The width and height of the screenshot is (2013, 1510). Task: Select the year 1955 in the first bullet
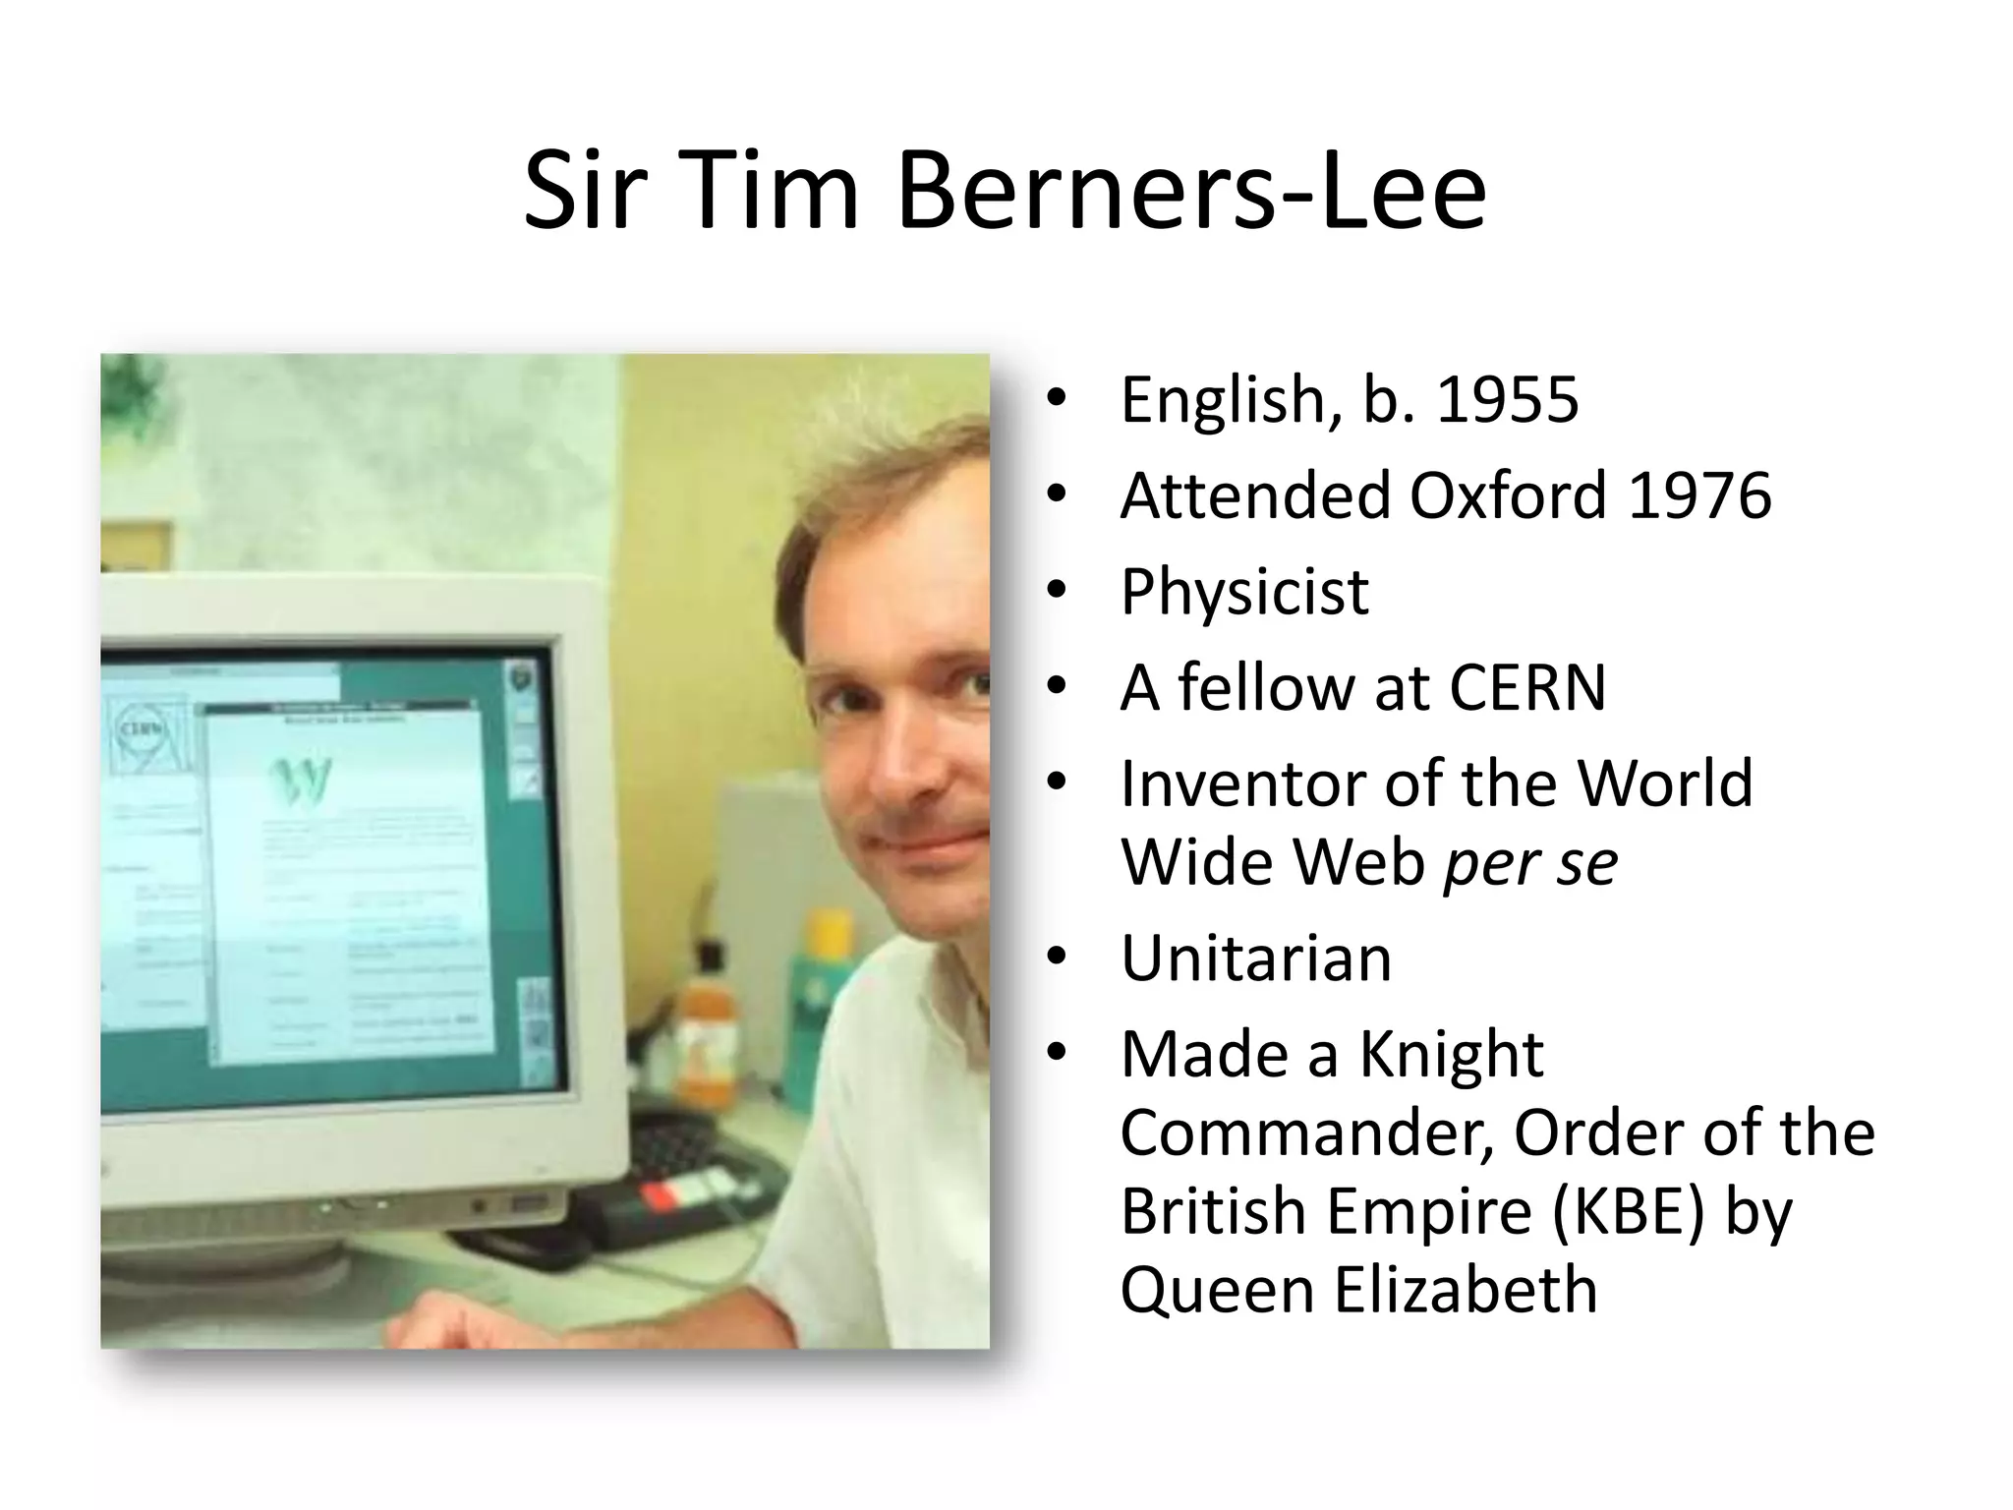(x=1508, y=400)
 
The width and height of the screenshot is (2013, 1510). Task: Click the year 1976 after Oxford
(x=1699, y=495)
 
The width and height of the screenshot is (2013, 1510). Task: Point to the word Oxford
(x=1509, y=495)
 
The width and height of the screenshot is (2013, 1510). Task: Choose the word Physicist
(x=1244, y=592)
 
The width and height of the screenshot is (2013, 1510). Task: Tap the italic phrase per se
(x=1530, y=863)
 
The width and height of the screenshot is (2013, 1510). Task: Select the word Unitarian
(x=1256, y=958)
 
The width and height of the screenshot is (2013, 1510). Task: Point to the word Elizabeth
(x=1466, y=1290)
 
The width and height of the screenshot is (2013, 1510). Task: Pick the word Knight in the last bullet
(x=1451, y=1055)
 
